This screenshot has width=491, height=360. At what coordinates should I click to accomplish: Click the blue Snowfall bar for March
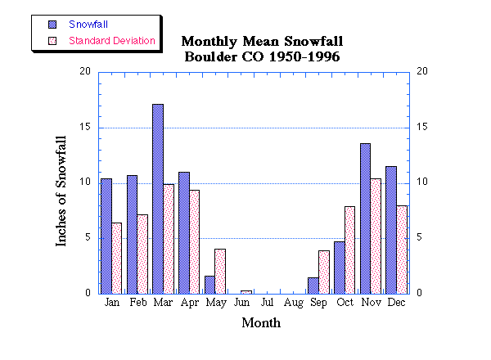[x=158, y=199]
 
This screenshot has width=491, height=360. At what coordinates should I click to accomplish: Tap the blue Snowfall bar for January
[x=106, y=236]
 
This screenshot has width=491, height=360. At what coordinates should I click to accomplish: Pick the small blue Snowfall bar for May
[x=209, y=285]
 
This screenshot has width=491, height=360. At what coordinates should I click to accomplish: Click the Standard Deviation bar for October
[x=349, y=250]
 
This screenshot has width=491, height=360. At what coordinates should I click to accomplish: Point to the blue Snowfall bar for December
[x=391, y=230]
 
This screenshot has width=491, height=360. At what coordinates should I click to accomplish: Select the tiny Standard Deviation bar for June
[x=246, y=291]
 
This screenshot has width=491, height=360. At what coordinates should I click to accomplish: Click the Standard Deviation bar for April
[x=194, y=241]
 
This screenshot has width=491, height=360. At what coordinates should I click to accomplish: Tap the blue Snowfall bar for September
[x=313, y=286]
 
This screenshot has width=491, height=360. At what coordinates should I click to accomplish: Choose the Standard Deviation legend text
[x=112, y=40]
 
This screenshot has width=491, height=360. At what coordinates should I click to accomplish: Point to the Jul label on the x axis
[x=268, y=304]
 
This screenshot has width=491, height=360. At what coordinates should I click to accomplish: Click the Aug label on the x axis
[x=293, y=304]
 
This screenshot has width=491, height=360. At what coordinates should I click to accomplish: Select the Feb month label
[x=137, y=304]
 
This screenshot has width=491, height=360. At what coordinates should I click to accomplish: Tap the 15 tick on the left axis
[x=85, y=127]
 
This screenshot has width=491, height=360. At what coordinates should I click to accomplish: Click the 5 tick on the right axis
[x=421, y=238]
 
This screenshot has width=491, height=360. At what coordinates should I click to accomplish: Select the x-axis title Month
[x=261, y=323]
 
